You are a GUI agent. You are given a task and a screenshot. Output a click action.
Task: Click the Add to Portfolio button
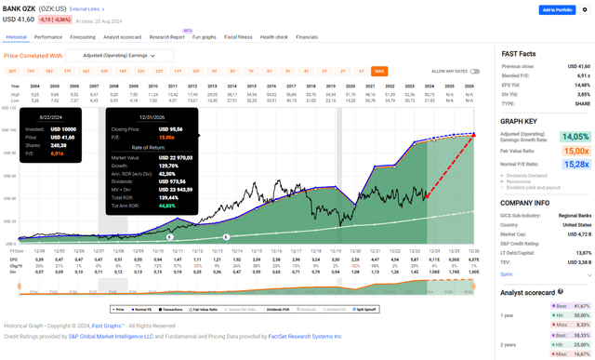[556, 10]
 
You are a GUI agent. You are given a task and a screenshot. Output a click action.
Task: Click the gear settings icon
[585, 10]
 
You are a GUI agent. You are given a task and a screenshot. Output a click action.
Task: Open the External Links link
[85, 9]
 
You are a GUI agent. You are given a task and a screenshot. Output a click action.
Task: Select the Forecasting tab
[83, 37]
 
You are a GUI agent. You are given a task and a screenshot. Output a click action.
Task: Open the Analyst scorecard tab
[123, 37]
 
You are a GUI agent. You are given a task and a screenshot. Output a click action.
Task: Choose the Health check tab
[274, 37]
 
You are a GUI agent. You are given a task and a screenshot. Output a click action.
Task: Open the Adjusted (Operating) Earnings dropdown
[111, 56]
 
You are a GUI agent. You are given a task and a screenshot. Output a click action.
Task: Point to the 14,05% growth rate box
[574, 137]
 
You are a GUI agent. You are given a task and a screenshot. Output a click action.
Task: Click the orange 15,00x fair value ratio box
[574, 151]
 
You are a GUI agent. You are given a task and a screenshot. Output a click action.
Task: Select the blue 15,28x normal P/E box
[574, 164]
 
